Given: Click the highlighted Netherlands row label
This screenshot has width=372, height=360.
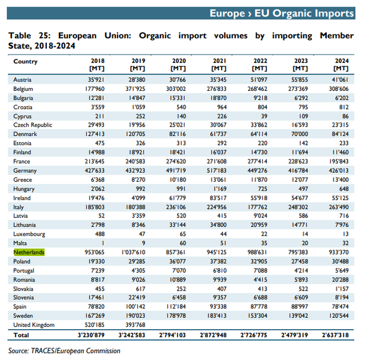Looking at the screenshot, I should click(x=29, y=252).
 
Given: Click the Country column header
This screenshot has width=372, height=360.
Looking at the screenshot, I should click(x=25, y=61).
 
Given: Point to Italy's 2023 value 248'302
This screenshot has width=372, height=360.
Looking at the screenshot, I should click(x=300, y=207).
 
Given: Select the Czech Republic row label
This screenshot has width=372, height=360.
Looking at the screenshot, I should click(x=33, y=125).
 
